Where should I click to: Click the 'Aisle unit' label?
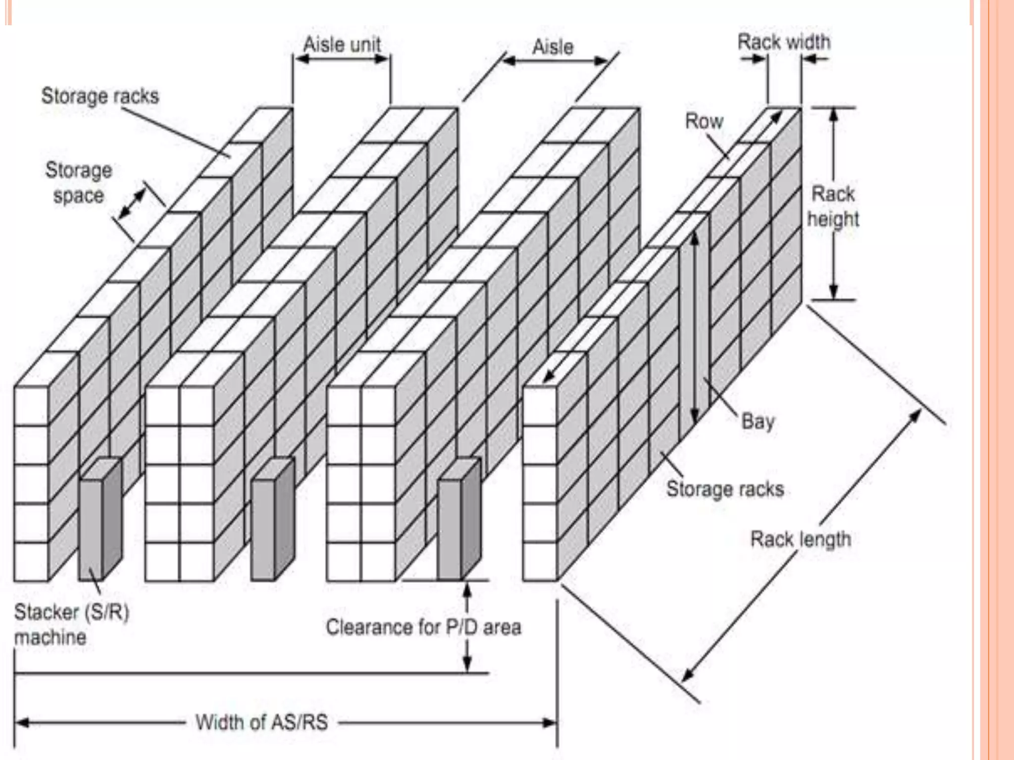click(342, 45)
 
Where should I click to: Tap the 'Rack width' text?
click(784, 42)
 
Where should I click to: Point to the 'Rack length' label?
click(801, 539)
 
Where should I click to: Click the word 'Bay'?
click(758, 422)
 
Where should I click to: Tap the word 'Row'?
click(704, 121)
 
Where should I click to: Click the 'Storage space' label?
click(79, 183)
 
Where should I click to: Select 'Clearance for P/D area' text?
click(423, 627)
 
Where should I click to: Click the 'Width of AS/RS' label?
click(261, 722)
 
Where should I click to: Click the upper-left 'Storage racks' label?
click(100, 96)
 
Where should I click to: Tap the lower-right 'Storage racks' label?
click(725, 489)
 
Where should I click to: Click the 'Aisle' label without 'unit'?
click(553, 47)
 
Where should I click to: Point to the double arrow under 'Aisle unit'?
click(342, 59)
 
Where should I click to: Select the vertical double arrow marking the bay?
click(695, 327)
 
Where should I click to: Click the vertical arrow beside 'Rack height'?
click(834, 148)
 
